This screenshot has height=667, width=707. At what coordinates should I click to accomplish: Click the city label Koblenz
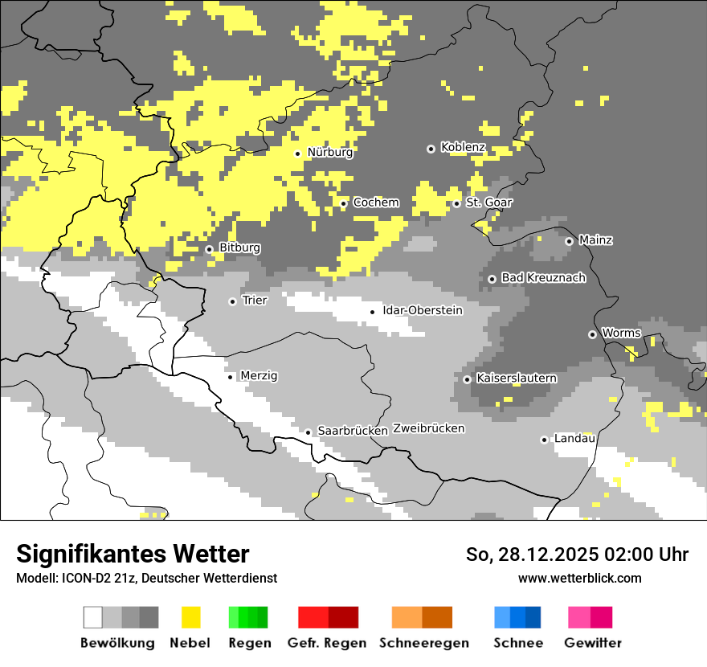pyautogui.click(x=463, y=147)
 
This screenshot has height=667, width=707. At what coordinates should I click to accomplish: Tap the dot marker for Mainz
pyautogui.click(x=569, y=241)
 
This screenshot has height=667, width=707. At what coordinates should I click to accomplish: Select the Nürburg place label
pyautogui.click(x=329, y=152)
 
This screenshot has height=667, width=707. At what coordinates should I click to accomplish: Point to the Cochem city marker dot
pyautogui.click(x=344, y=203)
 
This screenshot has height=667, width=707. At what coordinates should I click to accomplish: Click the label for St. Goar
pyautogui.click(x=488, y=203)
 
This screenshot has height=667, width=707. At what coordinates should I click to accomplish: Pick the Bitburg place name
pyautogui.click(x=239, y=248)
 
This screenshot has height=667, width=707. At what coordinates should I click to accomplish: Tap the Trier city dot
pyautogui.click(x=233, y=301)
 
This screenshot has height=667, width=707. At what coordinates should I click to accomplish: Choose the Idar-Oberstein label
pyautogui.click(x=422, y=310)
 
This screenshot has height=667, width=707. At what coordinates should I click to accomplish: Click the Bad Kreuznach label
pyautogui.click(x=543, y=277)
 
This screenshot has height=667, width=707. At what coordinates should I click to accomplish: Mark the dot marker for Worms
pyautogui.click(x=592, y=334)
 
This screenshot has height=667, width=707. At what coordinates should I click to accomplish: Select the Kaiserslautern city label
pyautogui.click(x=516, y=378)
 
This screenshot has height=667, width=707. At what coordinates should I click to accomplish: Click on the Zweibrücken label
pyautogui.click(x=428, y=428)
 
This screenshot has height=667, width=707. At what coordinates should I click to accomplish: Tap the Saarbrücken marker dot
pyautogui.click(x=308, y=432)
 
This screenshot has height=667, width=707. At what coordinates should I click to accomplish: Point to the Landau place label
pyautogui.click(x=574, y=438)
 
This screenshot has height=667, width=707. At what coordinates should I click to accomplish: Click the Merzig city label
pyautogui.click(x=260, y=375)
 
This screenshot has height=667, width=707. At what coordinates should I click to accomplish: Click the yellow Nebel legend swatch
pyautogui.click(x=190, y=617)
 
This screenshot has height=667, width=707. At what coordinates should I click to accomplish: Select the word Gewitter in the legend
pyautogui.click(x=592, y=643)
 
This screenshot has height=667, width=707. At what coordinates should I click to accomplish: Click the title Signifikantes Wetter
pyautogui.click(x=133, y=554)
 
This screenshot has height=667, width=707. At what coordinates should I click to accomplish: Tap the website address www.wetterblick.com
pyautogui.click(x=579, y=578)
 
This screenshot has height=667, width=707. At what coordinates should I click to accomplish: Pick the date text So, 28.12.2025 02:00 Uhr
pyautogui.click(x=577, y=554)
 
